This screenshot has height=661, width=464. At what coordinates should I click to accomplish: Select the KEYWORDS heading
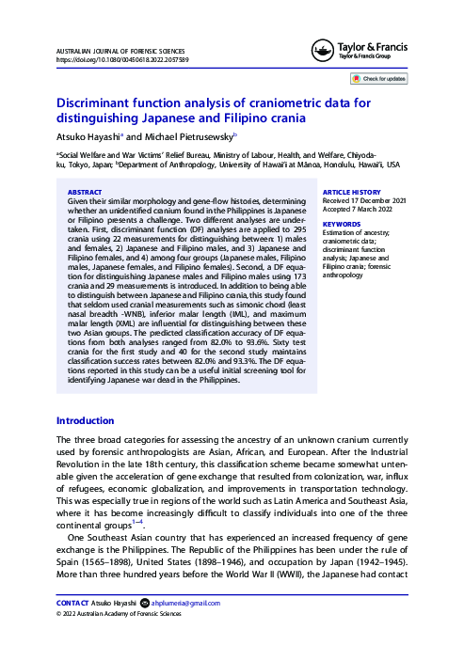click(341, 225)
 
